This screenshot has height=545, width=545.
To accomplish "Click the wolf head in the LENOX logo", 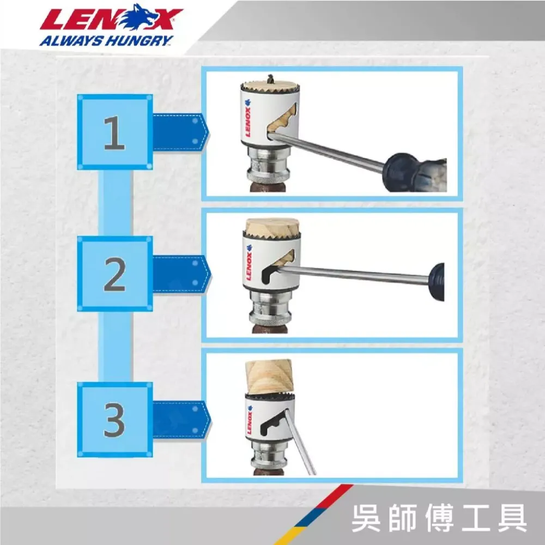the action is [x=137, y=17].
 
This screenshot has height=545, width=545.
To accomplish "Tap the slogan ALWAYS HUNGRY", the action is [x=106, y=41].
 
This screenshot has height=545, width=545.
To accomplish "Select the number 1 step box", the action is [x=115, y=132].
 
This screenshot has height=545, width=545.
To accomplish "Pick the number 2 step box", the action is [x=115, y=274].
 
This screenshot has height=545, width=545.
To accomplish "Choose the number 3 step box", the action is [x=115, y=420].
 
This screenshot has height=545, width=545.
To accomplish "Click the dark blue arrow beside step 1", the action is [x=181, y=132].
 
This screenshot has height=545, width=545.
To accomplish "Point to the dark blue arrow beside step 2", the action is [x=181, y=275].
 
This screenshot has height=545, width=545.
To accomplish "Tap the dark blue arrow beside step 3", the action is [x=181, y=420].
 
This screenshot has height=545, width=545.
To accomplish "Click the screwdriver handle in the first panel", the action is [x=414, y=172].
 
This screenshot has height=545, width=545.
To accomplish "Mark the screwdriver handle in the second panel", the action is [x=437, y=282].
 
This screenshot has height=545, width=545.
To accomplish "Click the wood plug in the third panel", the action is [x=269, y=377].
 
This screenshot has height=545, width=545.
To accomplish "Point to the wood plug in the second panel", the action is [x=272, y=227].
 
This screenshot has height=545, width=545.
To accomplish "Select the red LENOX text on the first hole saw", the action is [x=248, y=122].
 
